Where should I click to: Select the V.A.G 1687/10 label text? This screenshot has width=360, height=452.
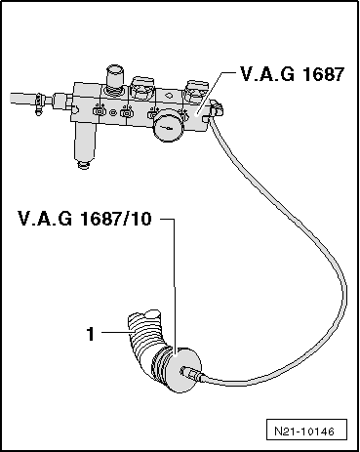[84, 221]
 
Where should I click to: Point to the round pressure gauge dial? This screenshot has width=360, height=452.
[173, 128]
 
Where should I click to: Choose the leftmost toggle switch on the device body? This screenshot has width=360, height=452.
[100, 114]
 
